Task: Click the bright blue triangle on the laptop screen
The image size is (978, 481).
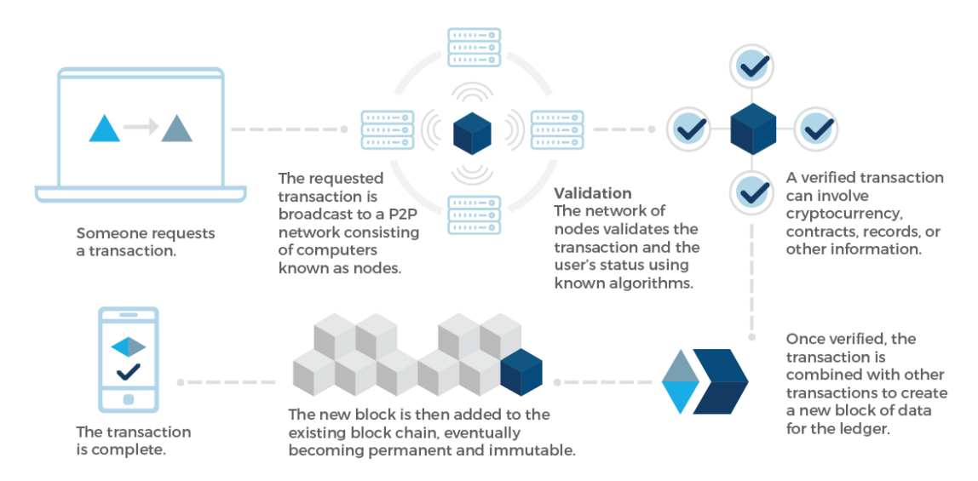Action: click(x=105, y=129)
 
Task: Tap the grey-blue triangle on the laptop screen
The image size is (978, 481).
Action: click(x=177, y=129)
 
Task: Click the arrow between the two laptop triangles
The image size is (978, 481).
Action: click(x=141, y=128)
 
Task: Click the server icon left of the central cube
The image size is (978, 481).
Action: click(x=388, y=129)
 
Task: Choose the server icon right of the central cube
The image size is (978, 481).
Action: click(x=557, y=129)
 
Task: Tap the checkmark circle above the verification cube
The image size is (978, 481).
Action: click(x=753, y=65)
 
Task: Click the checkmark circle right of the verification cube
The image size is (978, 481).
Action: click(x=817, y=129)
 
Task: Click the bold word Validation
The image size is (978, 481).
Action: click(x=593, y=193)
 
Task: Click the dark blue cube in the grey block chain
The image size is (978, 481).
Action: click(x=521, y=372)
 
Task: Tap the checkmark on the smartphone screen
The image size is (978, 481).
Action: click(x=129, y=371)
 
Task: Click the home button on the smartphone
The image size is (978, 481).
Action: click(x=129, y=399)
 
